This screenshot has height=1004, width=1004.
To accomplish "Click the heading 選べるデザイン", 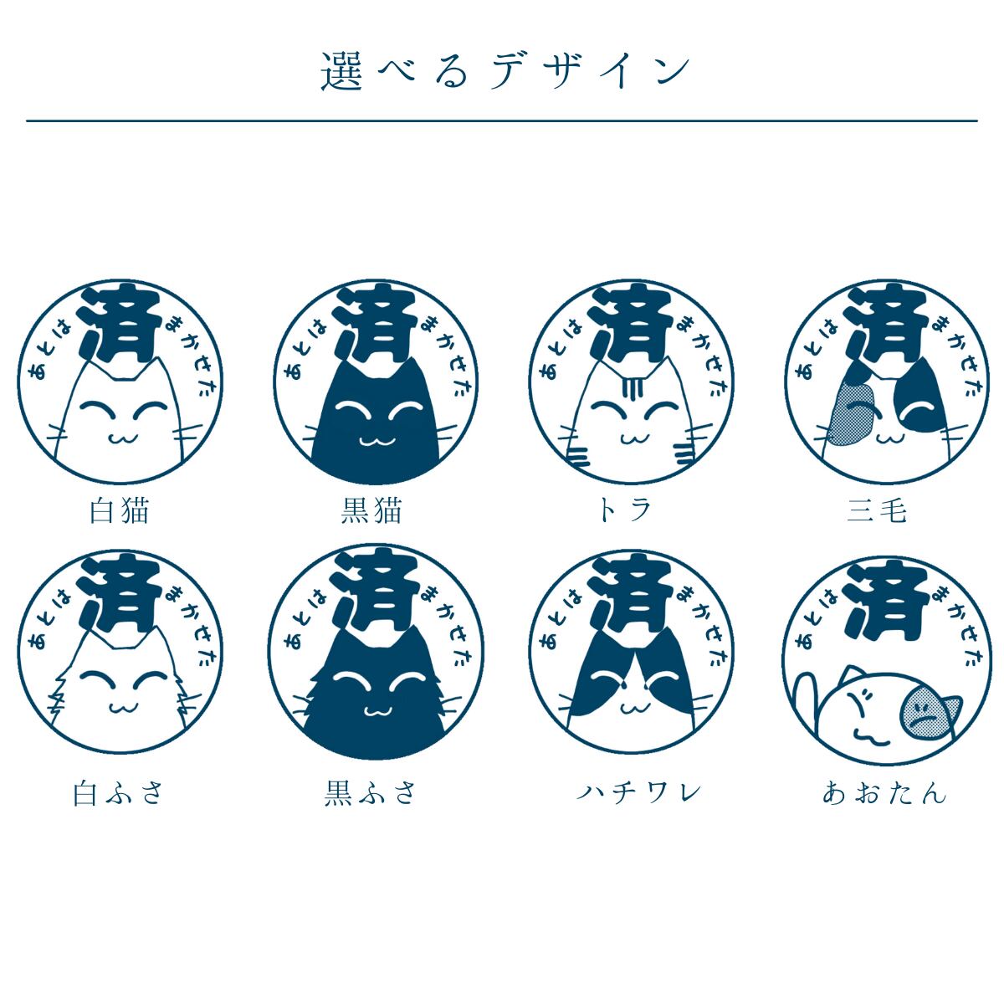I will (505, 72).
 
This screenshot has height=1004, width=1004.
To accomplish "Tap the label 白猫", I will (120, 510).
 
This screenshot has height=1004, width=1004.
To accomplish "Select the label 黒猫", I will (372, 510).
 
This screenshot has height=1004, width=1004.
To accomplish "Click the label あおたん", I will (884, 792).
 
